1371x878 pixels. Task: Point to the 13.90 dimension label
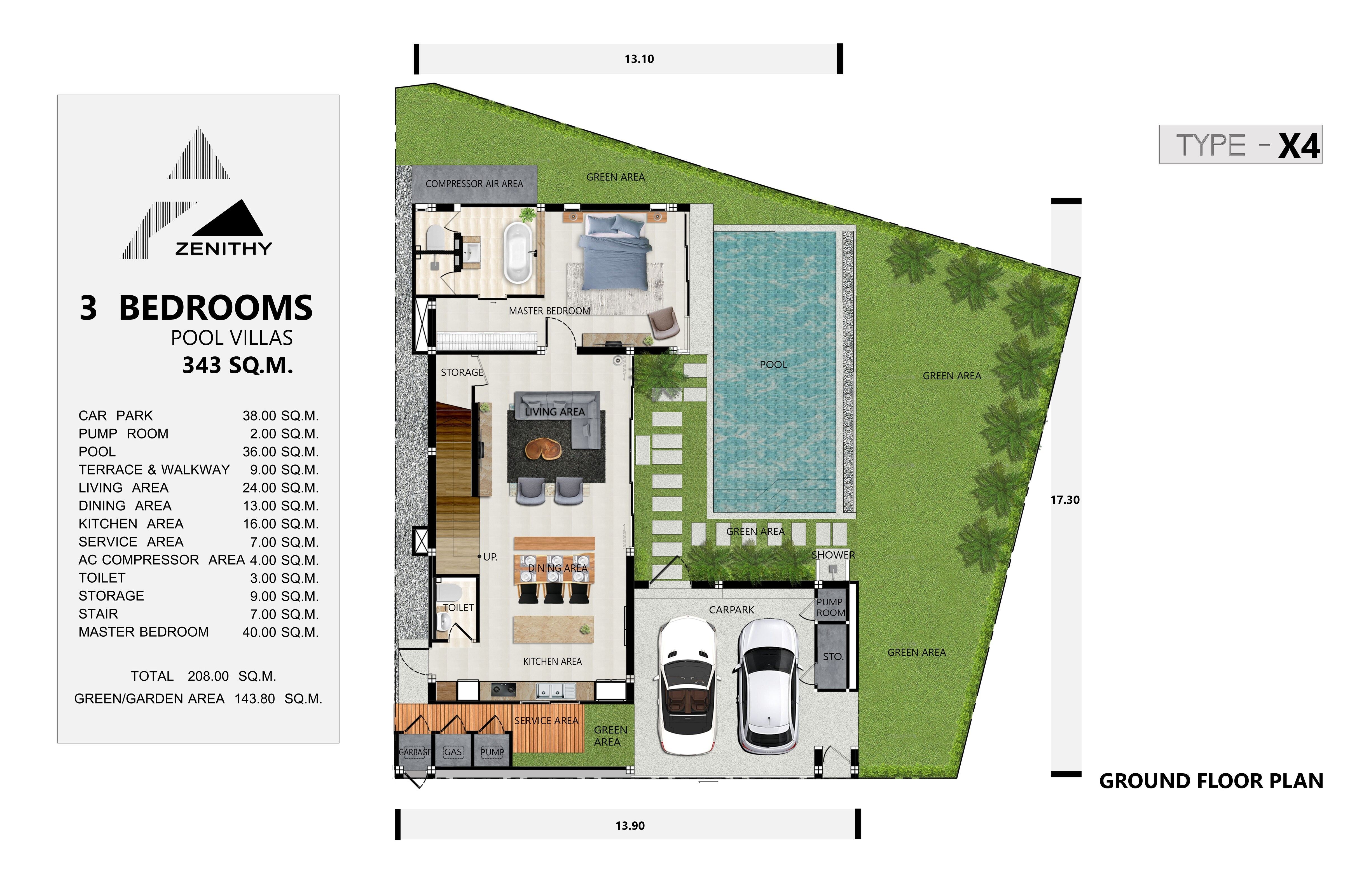tap(630, 826)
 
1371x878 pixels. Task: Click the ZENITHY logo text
tap(223, 249)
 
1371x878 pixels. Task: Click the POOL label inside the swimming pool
tap(773, 364)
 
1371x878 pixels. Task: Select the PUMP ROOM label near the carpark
tap(830, 607)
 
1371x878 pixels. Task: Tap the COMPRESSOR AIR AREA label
tap(474, 184)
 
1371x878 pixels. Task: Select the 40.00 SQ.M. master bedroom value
tap(280, 632)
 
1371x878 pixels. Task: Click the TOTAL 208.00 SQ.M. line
tap(203, 676)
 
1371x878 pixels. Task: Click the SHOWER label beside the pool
tap(832, 555)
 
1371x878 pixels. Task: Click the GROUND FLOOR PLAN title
tap(1211, 781)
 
